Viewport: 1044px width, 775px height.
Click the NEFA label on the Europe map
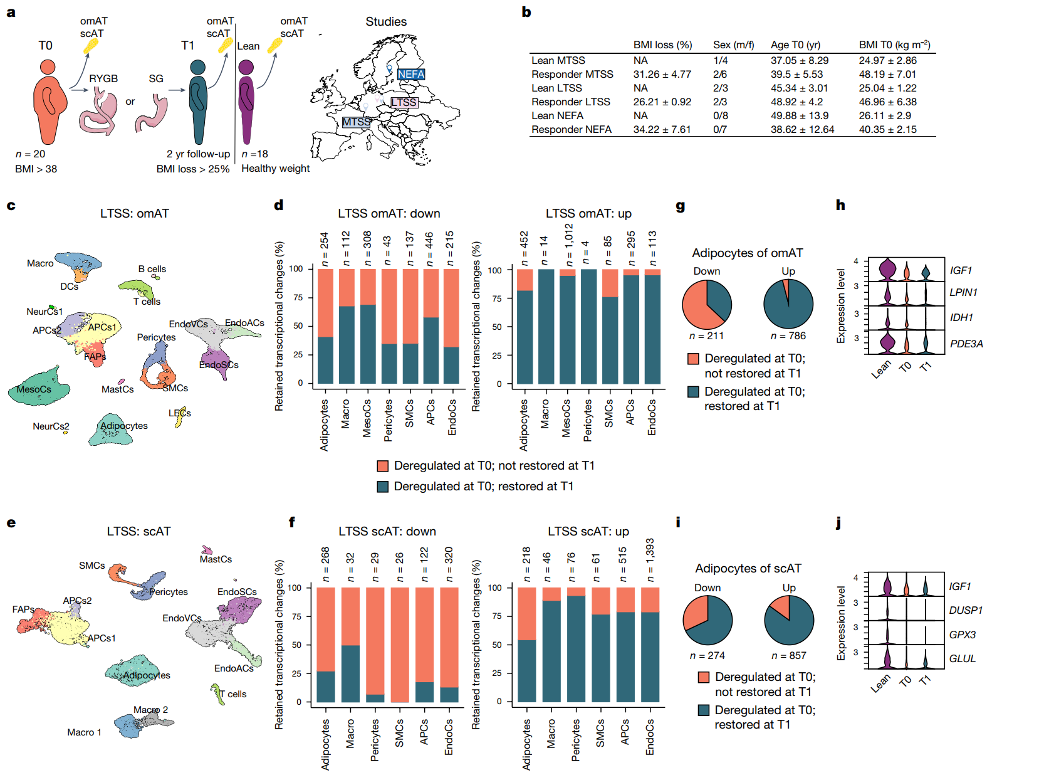(410, 74)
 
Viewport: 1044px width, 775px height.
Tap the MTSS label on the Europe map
(356, 122)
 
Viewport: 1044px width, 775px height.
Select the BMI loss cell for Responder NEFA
(661, 130)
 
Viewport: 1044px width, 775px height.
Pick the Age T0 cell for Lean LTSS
(799, 88)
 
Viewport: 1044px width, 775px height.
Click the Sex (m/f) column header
(733, 45)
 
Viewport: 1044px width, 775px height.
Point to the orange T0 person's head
(48, 67)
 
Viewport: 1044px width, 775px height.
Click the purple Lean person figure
(246, 102)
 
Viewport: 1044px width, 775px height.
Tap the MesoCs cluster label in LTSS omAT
(34, 389)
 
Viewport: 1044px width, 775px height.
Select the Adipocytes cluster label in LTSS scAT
(147, 675)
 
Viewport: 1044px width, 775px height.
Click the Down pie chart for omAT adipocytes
(706, 304)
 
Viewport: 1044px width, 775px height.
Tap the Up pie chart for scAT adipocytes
(788, 620)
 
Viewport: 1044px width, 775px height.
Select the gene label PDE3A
(966, 344)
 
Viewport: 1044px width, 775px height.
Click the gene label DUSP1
(966, 610)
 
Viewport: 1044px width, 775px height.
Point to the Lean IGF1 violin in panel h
(887, 270)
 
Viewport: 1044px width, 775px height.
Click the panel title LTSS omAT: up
(588, 213)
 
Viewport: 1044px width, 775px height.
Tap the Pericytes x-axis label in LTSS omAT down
(388, 420)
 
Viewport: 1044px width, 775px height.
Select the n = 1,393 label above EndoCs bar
(650, 560)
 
